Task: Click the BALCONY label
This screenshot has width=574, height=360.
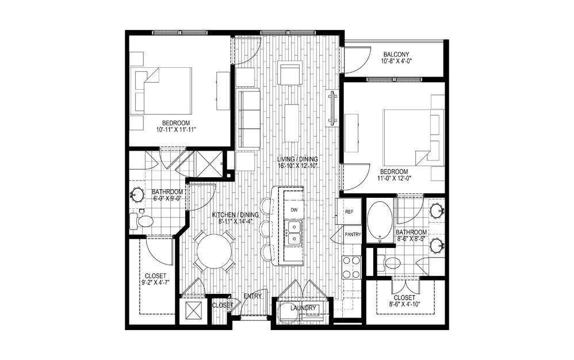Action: pos(396,55)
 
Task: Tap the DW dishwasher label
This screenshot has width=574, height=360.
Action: pos(293,210)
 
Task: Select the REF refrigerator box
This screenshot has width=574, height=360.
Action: pos(349,212)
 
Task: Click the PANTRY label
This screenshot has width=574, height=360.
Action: pos(353,235)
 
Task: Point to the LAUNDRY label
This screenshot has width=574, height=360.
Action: pos(303,308)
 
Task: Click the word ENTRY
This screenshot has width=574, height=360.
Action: pos(253,296)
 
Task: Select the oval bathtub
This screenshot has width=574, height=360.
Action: pos(380,220)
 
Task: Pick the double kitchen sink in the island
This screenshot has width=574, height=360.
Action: pos(293,233)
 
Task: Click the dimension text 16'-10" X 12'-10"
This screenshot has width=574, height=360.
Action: pos(297,166)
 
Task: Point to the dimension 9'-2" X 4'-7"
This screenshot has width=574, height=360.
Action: pos(156,282)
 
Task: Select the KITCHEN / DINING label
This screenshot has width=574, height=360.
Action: pos(235,215)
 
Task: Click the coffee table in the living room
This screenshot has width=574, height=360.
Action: pos(292,123)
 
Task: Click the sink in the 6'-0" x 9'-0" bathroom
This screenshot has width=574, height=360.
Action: pos(137,195)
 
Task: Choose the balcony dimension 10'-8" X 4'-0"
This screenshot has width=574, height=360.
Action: pos(396,61)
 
